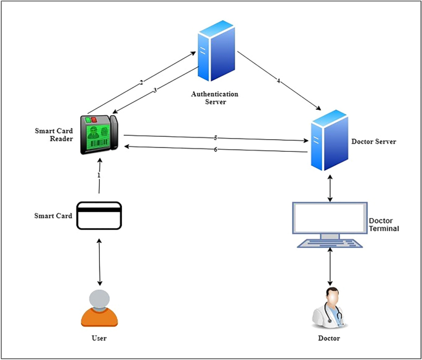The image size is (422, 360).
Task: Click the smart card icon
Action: click(99, 216)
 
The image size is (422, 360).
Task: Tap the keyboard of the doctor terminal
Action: click(331, 243)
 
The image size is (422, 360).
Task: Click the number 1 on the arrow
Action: click(99, 176)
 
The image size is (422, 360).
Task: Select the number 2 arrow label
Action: click(141, 82)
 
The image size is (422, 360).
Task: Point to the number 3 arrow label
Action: click(155, 91)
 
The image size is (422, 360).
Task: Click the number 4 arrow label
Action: click(278, 81)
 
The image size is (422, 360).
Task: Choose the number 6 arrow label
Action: click(216, 150)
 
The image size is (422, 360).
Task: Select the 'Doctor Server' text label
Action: click(373, 142)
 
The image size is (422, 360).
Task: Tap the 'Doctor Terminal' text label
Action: click(383, 224)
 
